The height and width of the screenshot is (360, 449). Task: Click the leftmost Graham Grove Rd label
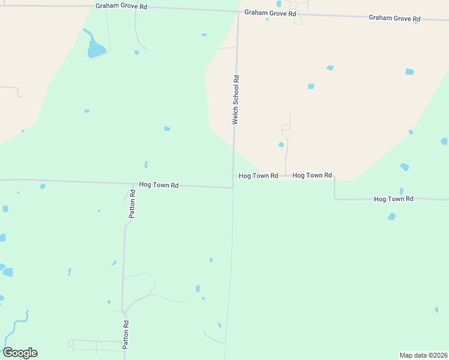pos(121,6)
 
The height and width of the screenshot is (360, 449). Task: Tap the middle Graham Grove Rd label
pos(270,13)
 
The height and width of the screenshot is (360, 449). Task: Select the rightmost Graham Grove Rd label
pos(394,18)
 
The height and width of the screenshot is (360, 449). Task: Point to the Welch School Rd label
pos(236,100)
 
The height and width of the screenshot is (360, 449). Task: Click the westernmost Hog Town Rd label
pos(158,185)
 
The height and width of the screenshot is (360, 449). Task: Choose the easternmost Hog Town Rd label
pos(394,198)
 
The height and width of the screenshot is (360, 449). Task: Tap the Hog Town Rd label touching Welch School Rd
pos(258,176)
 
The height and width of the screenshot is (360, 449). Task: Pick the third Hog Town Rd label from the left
pos(312,175)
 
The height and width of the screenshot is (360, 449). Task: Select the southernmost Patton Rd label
pos(126,335)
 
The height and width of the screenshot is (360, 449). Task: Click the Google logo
pos(20,353)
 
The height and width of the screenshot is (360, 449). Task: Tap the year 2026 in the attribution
pos(438,355)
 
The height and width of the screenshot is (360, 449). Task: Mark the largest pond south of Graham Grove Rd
pos(95,48)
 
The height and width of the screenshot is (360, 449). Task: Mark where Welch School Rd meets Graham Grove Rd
pos(238,11)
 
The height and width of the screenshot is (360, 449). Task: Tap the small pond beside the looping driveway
pos(281,145)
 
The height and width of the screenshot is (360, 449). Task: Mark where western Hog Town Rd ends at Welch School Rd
pos(233,188)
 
